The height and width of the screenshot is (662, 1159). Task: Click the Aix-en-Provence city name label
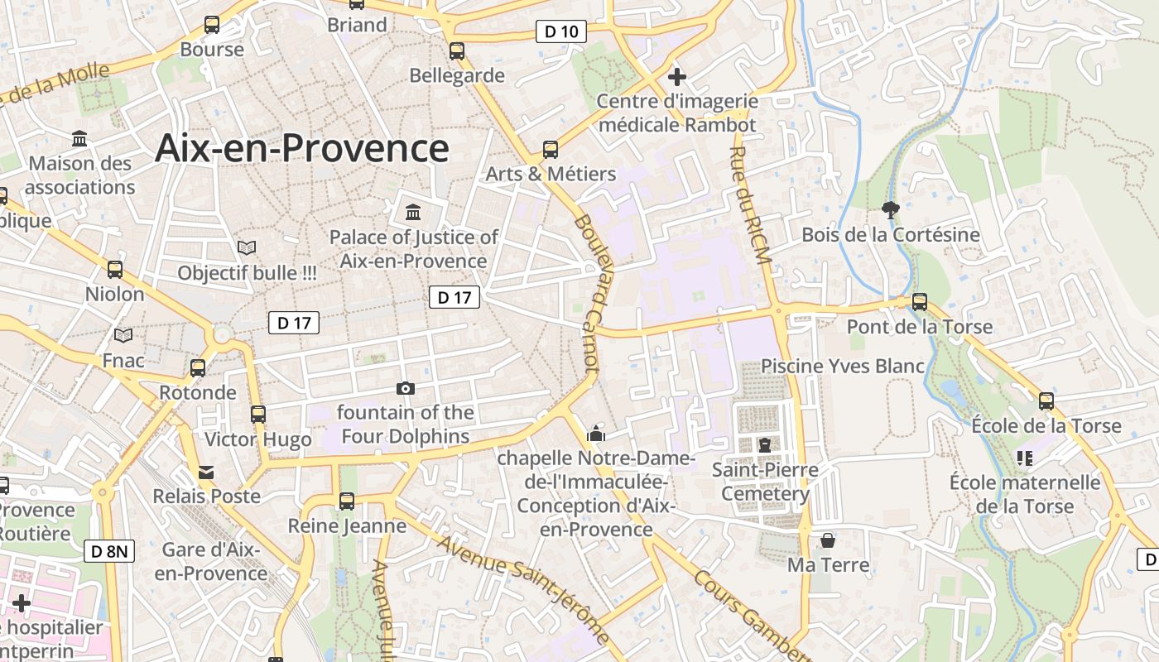coord(301,149)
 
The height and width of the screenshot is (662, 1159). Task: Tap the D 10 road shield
coord(561,32)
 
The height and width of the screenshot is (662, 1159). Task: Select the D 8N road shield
coord(109,551)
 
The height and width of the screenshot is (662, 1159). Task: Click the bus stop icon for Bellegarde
coord(457,51)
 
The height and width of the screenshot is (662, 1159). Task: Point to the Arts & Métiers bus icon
coord(551,150)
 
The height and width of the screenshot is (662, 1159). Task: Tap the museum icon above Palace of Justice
coord(413,213)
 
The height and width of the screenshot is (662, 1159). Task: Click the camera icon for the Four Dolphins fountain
coord(406,388)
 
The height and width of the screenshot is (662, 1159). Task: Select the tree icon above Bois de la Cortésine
coord(891,210)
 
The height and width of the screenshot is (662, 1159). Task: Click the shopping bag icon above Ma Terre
coord(827,541)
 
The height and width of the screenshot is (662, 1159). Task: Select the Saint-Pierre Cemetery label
coord(765,482)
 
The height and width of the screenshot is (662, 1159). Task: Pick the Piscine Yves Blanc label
coord(842,366)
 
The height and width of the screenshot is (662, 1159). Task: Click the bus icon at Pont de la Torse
coord(920,302)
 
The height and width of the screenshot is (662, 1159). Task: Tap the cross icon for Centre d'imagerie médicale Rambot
coord(677,77)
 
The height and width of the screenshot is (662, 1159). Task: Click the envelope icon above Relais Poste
coord(205,473)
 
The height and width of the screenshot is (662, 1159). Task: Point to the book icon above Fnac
coord(123,335)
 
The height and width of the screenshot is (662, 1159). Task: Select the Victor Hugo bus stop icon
coord(258,415)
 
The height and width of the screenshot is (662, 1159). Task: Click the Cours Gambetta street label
coord(749,612)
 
